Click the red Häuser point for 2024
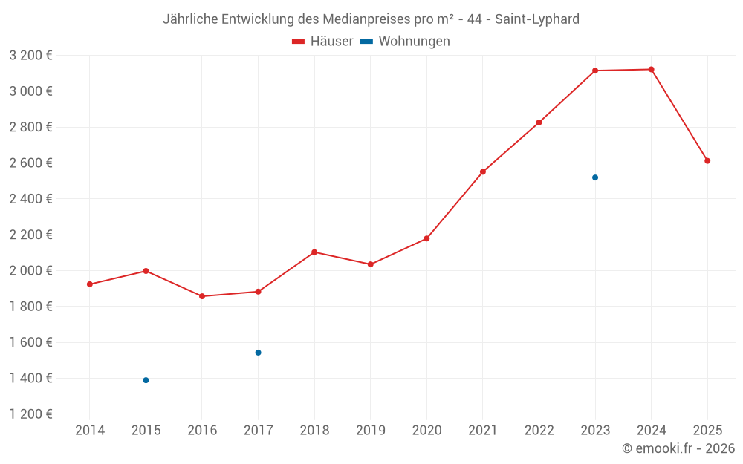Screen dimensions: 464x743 (x=651, y=69)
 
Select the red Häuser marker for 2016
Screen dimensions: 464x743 (x=202, y=296)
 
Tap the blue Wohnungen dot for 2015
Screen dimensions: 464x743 (x=146, y=380)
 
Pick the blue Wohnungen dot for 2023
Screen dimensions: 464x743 (x=595, y=177)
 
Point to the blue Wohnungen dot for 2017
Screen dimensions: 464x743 (x=258, y=353)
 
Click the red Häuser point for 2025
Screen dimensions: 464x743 (x=707, y=161)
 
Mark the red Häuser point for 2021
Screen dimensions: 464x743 (x=483, y=171)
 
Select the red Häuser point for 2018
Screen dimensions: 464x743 (x=314, y=252)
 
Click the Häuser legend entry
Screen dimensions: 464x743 (x=322, y=42)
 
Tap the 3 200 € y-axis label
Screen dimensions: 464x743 (x=30, y=56)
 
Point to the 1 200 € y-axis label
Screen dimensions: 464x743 (x=30, y=414)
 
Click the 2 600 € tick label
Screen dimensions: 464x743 (x=30, y=163)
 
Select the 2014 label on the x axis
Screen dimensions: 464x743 (x=90, y=431)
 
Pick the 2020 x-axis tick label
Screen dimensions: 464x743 (x=426, y=431)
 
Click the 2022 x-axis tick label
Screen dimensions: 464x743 (x=539, y=431)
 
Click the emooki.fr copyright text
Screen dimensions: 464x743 (x=678, y=448)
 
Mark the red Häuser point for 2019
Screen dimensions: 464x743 (x=370, y=264)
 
